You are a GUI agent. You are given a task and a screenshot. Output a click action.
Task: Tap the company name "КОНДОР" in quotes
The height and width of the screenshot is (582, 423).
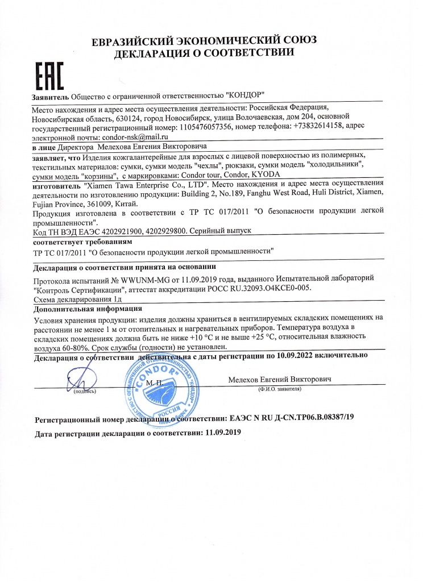246,94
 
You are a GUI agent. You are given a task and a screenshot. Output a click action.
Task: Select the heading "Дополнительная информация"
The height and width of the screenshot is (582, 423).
88,309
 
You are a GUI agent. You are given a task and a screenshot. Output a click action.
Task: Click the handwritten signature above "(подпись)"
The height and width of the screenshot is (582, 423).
78,377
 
